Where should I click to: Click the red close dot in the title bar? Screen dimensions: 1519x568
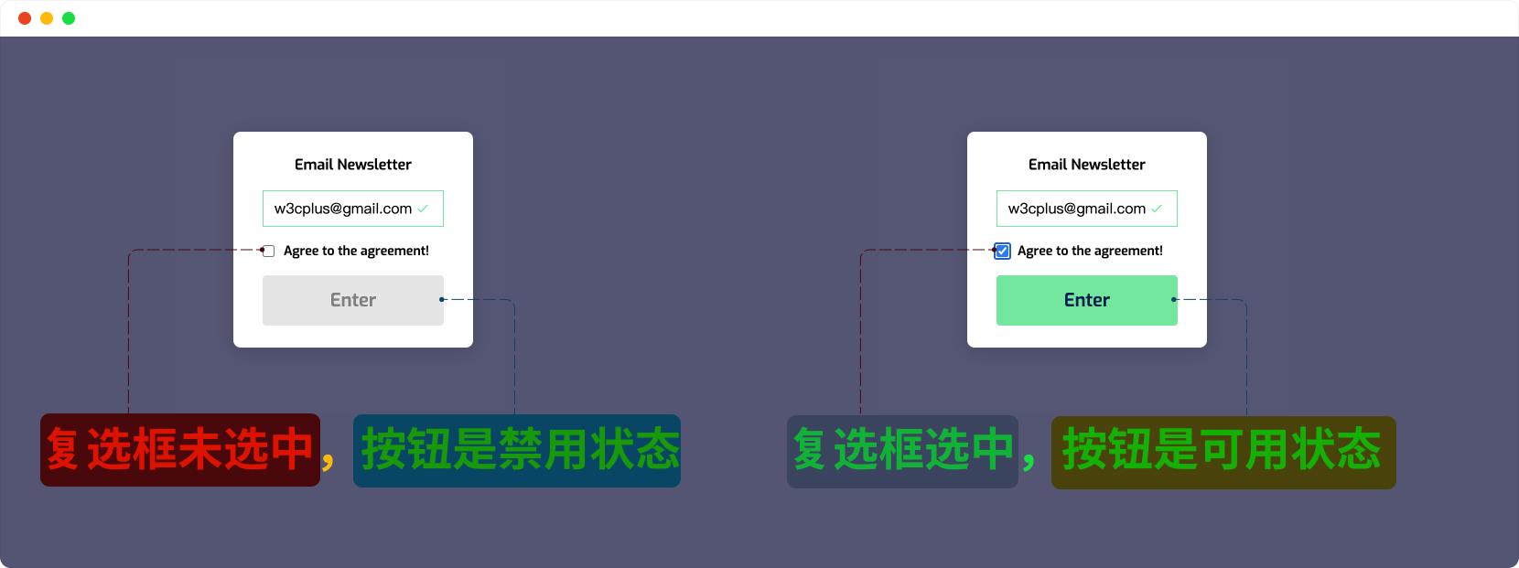tap(25, 18)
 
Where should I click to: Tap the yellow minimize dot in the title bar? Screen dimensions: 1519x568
tap(47, 18)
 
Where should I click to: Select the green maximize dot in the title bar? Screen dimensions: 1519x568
tap(69, 18)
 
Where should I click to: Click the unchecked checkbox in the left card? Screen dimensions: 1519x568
tap(268, 252)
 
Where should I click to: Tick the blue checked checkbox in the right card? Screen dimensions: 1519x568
tap(1002, 251)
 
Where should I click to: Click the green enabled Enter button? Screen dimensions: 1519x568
tap(1086, 300)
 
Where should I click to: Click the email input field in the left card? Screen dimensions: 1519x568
tap(352, 209)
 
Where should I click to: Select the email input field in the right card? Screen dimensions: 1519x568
tap(1086, 209)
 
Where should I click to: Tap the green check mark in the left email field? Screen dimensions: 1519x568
tap(423, 209)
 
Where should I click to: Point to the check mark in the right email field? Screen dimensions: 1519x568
tap(1157, 209)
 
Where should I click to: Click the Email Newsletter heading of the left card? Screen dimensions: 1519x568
tap(352, 165)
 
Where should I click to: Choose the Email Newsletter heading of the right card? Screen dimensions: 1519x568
tap(1086, 165)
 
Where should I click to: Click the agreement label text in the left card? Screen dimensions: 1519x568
tap(356, 251)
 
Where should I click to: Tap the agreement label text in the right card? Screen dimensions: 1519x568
tap(1090, 251)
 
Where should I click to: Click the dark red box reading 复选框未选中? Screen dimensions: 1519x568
tap(179, 450)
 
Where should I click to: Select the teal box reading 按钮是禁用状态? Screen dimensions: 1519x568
tap(517, 451)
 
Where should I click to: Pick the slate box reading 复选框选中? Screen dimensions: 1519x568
tap(902, 452)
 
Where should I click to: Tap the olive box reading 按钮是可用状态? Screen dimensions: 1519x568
tap(1223, 452)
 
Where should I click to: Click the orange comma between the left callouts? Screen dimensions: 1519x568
tap(329, 461)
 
